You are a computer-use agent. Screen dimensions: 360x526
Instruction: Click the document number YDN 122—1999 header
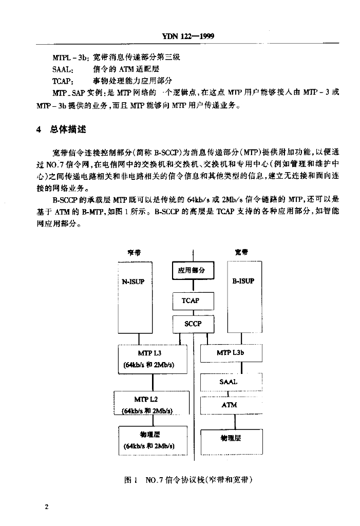pyautogui.click(x=188, y=36)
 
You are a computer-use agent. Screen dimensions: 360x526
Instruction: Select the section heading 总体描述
pyautogui.click(x=68, y=129)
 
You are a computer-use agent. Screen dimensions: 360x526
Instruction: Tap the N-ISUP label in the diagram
pyautogui.click(x=133, y=282)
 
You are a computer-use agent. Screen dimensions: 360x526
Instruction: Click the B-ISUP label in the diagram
pyautogui.click(x=243, y=281)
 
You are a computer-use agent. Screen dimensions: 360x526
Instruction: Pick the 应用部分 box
pyautogui.click(x=193, y=270)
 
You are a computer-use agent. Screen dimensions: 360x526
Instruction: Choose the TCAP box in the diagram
pyautogui.click(x=193, y=301)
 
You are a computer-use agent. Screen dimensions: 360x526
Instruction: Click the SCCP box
pyautogui.click(x=193, y=324)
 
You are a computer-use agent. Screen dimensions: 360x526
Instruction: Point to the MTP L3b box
pyautogui.click(x=231, y=353)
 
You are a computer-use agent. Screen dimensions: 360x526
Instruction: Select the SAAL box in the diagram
pyautogui.click(x=231, y=382)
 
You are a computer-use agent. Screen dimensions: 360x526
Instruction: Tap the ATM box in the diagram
pyautogui.click(x=231, y=405)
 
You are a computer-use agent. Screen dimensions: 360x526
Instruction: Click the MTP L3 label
pyautogui.click(x=149, y=353)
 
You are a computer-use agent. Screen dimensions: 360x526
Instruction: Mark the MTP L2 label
pyautogui.click(x=146, y=399)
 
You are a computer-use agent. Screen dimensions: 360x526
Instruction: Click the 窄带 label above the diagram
pyautogui.click(x=134, y=253)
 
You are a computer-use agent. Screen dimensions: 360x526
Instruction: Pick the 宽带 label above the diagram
pyautogui.click(x=241, y=252)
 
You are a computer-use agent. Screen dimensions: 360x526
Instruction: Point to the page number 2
pyautogui.click(x=46, y=506)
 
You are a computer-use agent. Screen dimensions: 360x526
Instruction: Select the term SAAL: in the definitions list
pyautogui.click(x=63, y=69)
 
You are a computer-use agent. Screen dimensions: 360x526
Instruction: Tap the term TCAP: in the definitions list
pyautogui.click(x=63, y=81)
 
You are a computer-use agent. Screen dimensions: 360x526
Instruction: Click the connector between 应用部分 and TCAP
pyautogui.click(x=193, y=286)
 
